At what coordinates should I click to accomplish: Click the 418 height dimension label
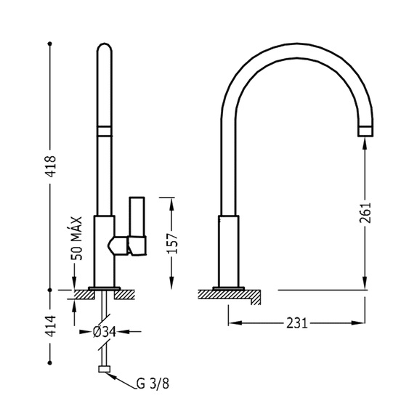50,166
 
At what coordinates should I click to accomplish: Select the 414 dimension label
50,326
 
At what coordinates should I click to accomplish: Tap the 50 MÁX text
77,238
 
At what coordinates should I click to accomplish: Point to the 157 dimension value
173,243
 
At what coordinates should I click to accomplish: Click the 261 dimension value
365,213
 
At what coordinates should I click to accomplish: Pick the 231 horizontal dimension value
297,323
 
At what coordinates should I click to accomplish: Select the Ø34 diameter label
105,332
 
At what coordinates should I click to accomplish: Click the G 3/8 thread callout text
153,383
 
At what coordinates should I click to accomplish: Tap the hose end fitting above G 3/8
105,369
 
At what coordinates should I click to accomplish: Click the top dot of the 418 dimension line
49,44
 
